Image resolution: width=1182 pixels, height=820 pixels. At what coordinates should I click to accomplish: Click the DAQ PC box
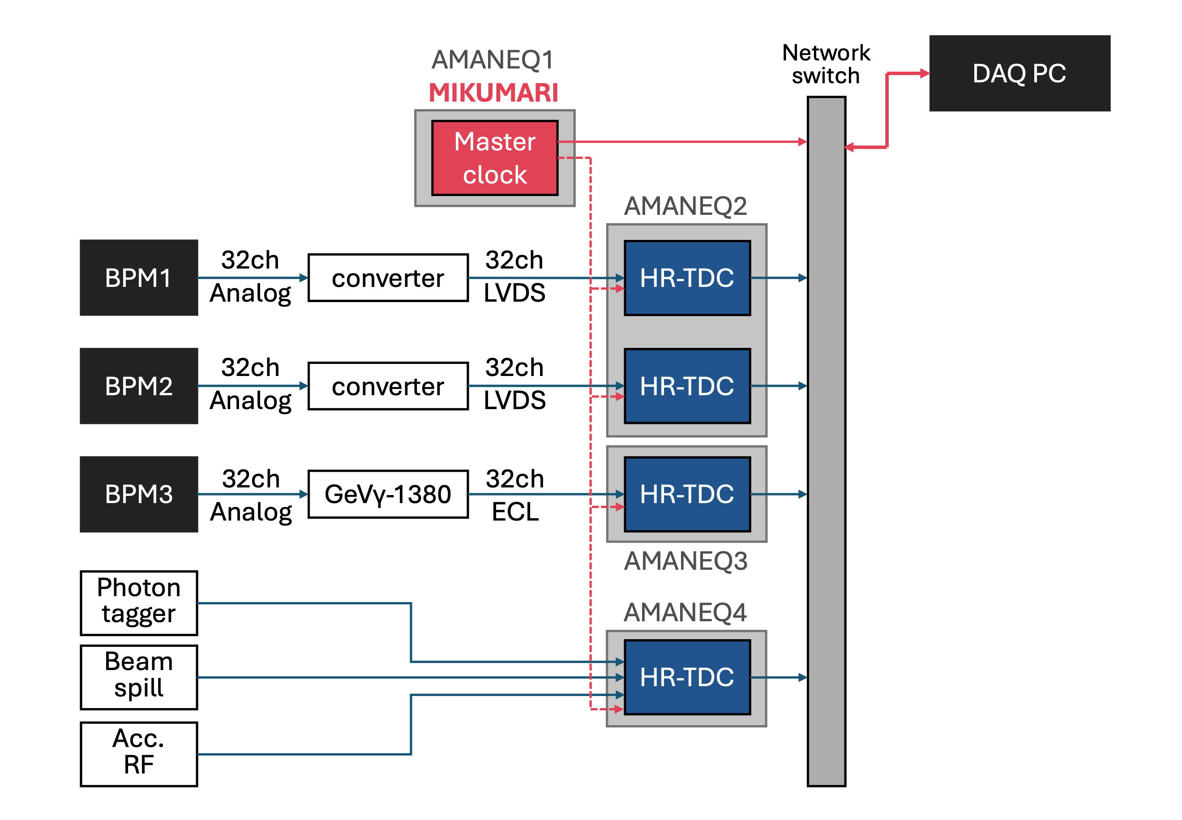point(1019,73)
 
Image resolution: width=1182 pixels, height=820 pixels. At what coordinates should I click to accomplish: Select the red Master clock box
point(494,158)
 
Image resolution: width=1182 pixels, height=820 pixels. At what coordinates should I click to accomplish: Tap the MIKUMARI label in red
point(493,93)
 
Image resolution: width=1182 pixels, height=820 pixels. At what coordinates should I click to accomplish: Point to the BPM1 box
point(139,278)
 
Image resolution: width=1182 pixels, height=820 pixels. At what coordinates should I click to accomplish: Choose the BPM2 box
point(139,386)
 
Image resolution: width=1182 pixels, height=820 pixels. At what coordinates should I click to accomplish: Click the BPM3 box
point(139,494)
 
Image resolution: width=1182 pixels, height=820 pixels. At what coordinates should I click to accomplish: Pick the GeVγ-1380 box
point(388,494)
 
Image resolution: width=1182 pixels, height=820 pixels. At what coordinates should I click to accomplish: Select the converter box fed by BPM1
point(388,278)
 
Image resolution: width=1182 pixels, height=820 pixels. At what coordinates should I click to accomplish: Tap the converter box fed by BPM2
point(388,386)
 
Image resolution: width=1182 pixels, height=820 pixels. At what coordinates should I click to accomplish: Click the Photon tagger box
point(139,602)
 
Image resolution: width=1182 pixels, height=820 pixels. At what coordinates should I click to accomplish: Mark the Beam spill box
point(139,677)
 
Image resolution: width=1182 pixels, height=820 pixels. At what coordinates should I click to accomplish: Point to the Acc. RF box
point(139,754)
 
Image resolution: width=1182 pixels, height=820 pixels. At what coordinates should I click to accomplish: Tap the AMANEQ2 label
point(685,206)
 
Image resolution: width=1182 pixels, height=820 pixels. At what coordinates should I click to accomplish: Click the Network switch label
point(826,64)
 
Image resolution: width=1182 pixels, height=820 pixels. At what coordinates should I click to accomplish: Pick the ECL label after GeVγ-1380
point(515,512)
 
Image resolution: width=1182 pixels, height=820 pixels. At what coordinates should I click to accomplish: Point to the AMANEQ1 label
point(492,60)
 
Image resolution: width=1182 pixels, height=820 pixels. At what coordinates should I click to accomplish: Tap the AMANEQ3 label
point(685,560)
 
